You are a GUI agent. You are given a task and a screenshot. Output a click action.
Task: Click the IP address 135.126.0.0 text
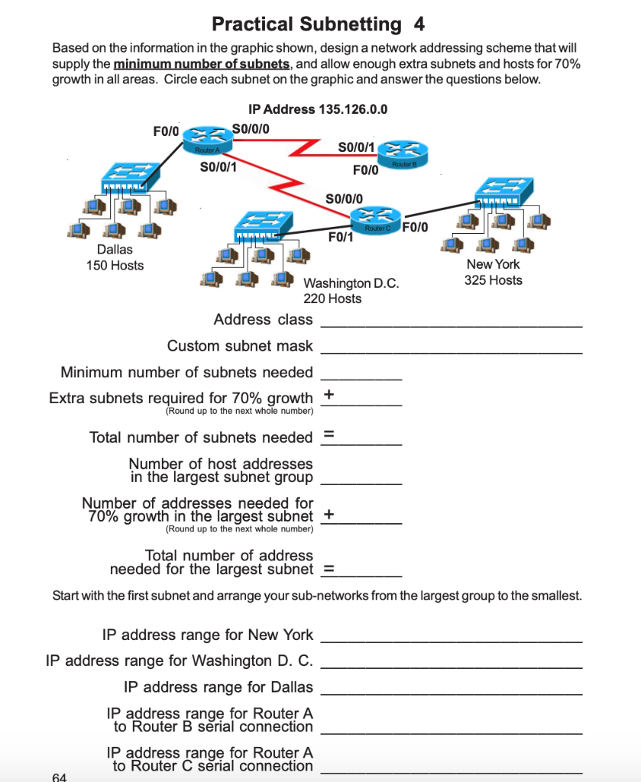tap(318, 108)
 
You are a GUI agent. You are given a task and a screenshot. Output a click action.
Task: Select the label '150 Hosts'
tap(115, 266)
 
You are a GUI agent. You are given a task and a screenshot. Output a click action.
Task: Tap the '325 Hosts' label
tap(494, 280)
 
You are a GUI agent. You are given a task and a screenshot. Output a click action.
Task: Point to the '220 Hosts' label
tap(332, 299)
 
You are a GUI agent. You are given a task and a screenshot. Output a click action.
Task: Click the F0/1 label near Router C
tap(340, 238)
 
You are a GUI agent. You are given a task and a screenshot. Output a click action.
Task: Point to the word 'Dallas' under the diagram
tap(115, 250)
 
